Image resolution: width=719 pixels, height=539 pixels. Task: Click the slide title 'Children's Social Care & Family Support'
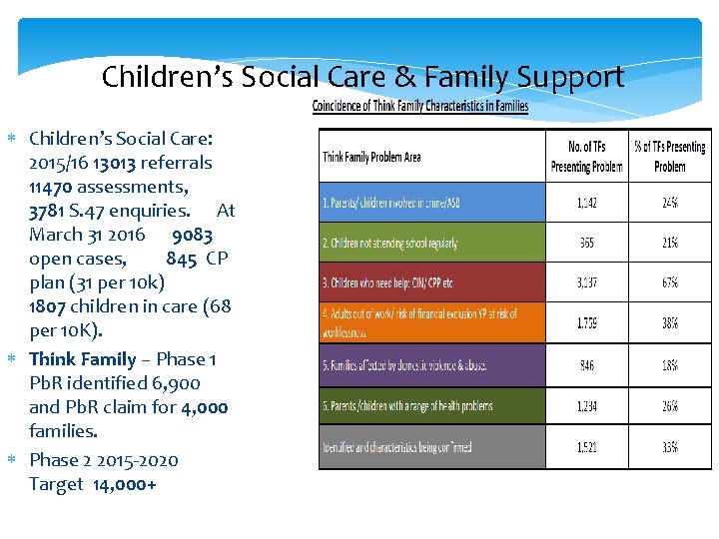362,77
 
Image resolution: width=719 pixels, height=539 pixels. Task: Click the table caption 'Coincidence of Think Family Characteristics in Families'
420,106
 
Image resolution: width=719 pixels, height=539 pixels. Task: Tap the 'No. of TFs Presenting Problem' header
586,157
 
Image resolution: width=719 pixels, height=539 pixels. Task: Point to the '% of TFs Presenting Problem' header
669,157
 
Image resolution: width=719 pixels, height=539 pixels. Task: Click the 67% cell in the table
669,283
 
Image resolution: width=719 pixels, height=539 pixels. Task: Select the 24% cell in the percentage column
669,203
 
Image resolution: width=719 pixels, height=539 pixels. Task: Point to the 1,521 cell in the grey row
586,448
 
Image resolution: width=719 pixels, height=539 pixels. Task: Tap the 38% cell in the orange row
669,323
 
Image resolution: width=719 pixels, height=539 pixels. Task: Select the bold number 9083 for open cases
192,235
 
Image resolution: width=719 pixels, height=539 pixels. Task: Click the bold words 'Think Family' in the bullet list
82,358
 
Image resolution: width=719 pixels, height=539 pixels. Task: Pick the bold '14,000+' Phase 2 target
125,484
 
